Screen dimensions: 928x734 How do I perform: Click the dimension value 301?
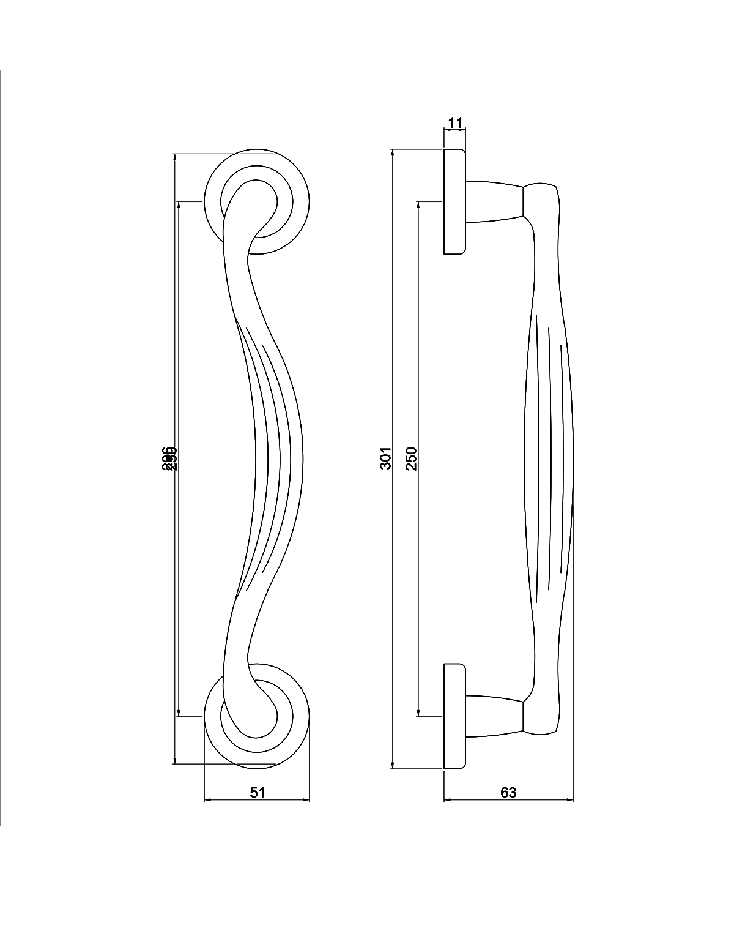(385, 458)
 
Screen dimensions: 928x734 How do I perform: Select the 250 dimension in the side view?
(411, 458)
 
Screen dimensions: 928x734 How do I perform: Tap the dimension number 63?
(508, 792)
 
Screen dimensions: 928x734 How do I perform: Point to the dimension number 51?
(258, 792)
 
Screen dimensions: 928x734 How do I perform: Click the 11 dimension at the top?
(454, 122)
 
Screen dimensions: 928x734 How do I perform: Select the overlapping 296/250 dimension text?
(169, 458)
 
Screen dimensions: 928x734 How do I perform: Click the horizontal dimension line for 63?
(477, 799)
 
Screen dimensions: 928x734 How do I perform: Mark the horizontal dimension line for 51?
(232, 799)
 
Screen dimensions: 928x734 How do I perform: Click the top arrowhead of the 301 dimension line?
(392, 153)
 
